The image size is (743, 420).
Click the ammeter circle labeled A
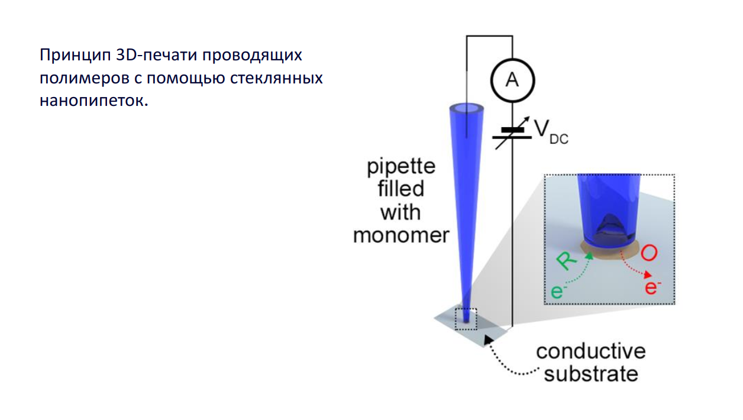click(x=512, y=79)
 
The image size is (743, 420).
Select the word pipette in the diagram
click(x=401, y=166)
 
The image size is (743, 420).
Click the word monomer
click(x=401, y=235)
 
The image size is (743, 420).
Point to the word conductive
click(x=590, y=351)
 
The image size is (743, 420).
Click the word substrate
click(x=591, y=374)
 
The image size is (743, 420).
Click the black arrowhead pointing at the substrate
click(x=489, y=338)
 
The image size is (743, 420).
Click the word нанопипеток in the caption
click(x=92, y=101)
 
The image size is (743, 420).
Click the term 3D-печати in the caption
click(x=154, y=56)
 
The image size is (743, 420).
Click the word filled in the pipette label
click(x=401, y=189)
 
